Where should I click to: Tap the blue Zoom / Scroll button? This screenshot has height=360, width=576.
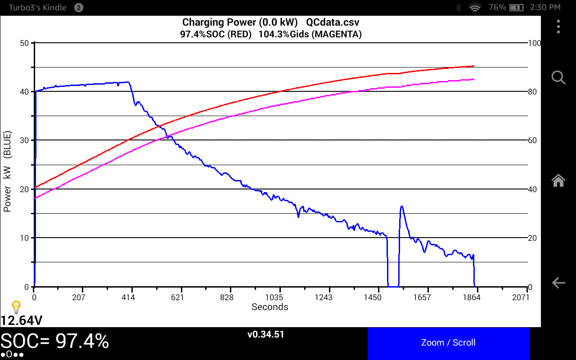(448, 343)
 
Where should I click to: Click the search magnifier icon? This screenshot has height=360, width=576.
(558, 77)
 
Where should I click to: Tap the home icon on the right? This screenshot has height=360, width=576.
(558, 180)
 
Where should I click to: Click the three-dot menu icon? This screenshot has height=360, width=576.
(558, 27)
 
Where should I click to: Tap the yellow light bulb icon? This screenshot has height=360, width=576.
(16, 307)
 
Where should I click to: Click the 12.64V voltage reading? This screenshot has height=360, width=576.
(22, 320)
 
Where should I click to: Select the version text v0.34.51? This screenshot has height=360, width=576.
(265, 334)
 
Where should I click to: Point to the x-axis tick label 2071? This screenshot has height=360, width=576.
(521, 297)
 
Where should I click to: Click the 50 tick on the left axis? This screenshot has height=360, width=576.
(24, 43)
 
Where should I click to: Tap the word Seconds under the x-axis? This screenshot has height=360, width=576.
(270, 307)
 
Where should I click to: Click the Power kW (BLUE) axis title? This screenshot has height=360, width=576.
(8, 172)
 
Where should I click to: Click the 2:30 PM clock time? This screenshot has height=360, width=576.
(545, 7)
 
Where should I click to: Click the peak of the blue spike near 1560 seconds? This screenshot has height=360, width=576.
(401, 207)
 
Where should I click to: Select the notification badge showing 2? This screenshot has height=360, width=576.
(78, 7)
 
